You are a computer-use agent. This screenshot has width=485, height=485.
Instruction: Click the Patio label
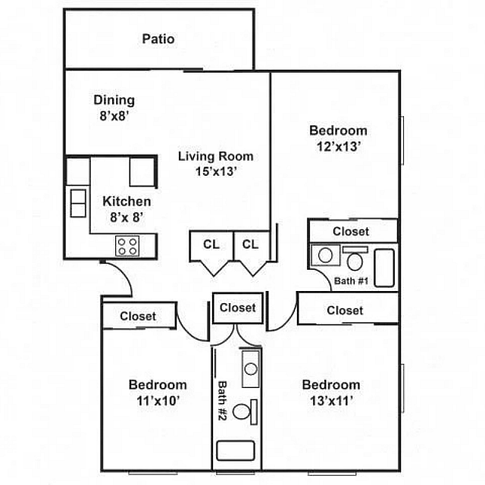[158, 39]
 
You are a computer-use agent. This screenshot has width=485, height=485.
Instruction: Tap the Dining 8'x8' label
[114, 108]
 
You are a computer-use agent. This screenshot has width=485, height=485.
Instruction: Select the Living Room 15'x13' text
[215, 164]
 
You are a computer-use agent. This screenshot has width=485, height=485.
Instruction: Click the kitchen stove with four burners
[127, 246]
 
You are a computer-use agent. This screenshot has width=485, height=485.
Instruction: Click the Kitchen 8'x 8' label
[127, 208]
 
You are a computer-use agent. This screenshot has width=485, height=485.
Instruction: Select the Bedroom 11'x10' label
[157, 392]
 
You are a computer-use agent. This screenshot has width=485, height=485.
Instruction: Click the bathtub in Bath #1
[385, 268]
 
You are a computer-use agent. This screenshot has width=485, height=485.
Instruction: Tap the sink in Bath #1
[326, 255]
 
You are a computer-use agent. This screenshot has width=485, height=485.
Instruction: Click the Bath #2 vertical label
[223, 401]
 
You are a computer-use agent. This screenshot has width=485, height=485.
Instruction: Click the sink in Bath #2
[250, 369]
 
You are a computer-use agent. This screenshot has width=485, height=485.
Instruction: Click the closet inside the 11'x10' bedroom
[138, 316]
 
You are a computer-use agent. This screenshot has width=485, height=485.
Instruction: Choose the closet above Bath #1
[351, 231]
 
